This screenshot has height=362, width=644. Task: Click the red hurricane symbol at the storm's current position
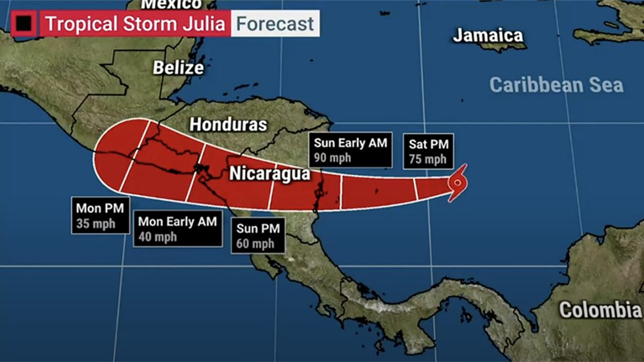click(x=457, y=181)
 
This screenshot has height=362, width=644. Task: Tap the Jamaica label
click(x=488, y=36)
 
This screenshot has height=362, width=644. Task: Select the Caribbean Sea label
click(x=556, y=85)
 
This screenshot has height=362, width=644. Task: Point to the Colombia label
click(x=601, y=309)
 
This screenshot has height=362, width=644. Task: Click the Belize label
click(x=178, y=68)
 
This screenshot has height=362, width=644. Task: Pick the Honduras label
click(x=228, y=124)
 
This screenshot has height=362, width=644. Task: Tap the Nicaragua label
click(x=269, y=174)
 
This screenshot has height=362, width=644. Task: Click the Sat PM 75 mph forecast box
click(x=427, y=151)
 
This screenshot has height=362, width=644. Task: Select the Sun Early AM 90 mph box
click(x=352, y=150)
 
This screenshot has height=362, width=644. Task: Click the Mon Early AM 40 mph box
click(x=177, y=229)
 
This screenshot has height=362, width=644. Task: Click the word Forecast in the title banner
click(x=275, y=25)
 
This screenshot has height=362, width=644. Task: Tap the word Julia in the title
click(x=204, y=25)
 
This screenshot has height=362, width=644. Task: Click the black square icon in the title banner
click(x=24, y=24)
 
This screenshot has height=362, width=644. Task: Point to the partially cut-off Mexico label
click(x=172, y=5)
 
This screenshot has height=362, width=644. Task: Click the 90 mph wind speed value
click(x=333, y=158)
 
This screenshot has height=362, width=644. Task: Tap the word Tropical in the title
click(x=80, y=25)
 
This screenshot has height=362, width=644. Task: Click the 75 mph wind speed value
click(x=427, y=159)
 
